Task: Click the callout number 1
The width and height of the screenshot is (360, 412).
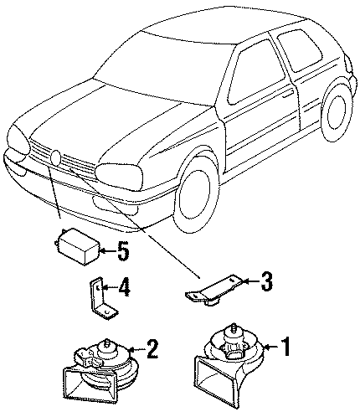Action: [x=285, y=347]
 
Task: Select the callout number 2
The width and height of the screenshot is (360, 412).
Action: [x=152, y=349]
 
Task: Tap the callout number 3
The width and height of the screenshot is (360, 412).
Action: [x=266, y=281]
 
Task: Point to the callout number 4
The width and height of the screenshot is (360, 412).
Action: [x=124, y=286]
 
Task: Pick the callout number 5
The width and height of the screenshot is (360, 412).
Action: [x=123, y=250]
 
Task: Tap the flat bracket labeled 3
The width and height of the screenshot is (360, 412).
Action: [x=213, y=291]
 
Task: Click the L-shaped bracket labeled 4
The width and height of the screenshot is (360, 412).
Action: [x=101, y=300]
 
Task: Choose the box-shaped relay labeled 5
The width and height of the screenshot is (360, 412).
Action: [x=77, y=246]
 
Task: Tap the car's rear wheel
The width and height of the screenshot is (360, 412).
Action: [x=337, y=113]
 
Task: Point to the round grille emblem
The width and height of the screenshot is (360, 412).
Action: [x=56, y=157]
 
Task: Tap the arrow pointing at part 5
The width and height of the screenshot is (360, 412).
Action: [x=108, y=251]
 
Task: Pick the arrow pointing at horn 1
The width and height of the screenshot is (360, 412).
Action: [x=271, y=347]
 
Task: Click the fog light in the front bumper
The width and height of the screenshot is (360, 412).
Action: [x=115, y=207]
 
